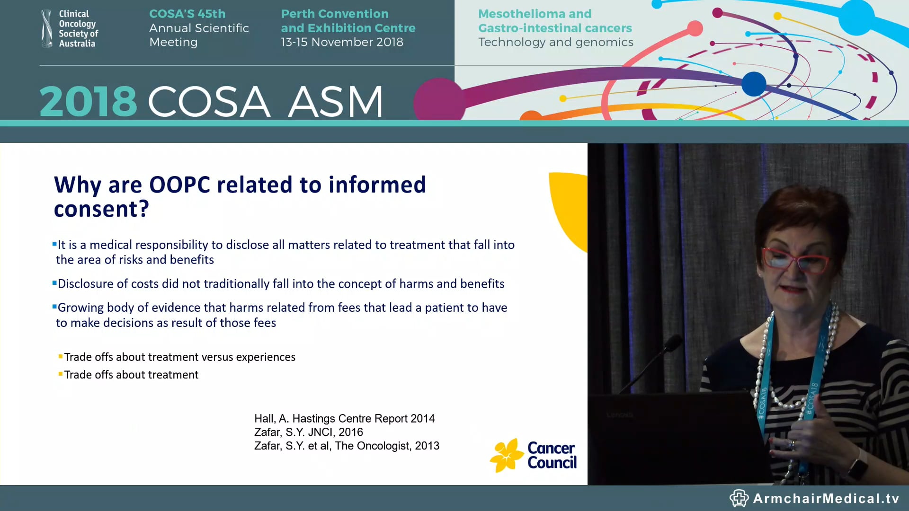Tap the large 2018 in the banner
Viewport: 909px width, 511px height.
point(88,101)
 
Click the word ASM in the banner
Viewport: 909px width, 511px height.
point(335,101)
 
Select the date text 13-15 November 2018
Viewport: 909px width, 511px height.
point(342,42)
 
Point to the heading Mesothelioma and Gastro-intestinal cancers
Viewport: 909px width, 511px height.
point(555,21)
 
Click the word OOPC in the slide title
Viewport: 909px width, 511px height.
point(179,185)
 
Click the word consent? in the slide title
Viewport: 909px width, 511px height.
point(101,209)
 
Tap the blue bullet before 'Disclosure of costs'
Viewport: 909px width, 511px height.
point(54,283)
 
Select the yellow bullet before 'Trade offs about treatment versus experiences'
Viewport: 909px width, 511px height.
point(61,356)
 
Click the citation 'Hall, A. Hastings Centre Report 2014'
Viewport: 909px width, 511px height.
point(344,418)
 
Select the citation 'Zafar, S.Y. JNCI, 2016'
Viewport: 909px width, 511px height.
point(308,432)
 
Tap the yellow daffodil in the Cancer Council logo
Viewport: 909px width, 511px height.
point(507,455)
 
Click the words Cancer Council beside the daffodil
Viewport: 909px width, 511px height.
point(552,455)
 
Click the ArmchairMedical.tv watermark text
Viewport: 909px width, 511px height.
point(826,498)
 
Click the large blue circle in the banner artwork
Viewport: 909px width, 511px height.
point(753,84)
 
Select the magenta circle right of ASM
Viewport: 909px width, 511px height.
point(438,100)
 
